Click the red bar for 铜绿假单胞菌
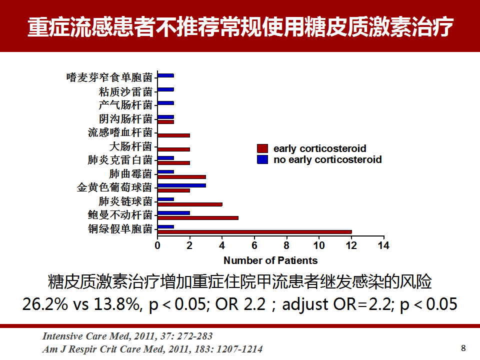click(x=254, y=231)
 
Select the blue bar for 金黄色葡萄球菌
click(x=182, y=185)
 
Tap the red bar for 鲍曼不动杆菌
click(x=198, y=218)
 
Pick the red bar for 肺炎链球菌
click(x=190, y=204)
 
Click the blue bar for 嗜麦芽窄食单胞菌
click(x=166, y=75)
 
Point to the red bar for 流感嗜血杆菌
click(x=174, y=135)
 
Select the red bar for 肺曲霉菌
click(x=182, y=176)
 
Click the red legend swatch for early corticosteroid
click(x=262, y=148)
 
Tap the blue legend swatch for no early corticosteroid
click(x=262, y=159)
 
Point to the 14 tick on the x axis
click(x=384, y=237)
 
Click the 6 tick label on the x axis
click(x=254, y=245)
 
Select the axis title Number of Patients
click(x=270, y=260)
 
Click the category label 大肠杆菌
click(x=130, y=146)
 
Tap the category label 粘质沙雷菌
click(x=125, y=91)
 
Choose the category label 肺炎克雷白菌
click(x=120, y=160)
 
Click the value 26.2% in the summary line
click(x=45, y=304)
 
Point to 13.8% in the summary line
click(x=116, y=304)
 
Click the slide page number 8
click(x=463, y=348)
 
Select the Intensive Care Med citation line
click(x=127, y=336)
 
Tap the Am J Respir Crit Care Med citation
click(x=152, y=349)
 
